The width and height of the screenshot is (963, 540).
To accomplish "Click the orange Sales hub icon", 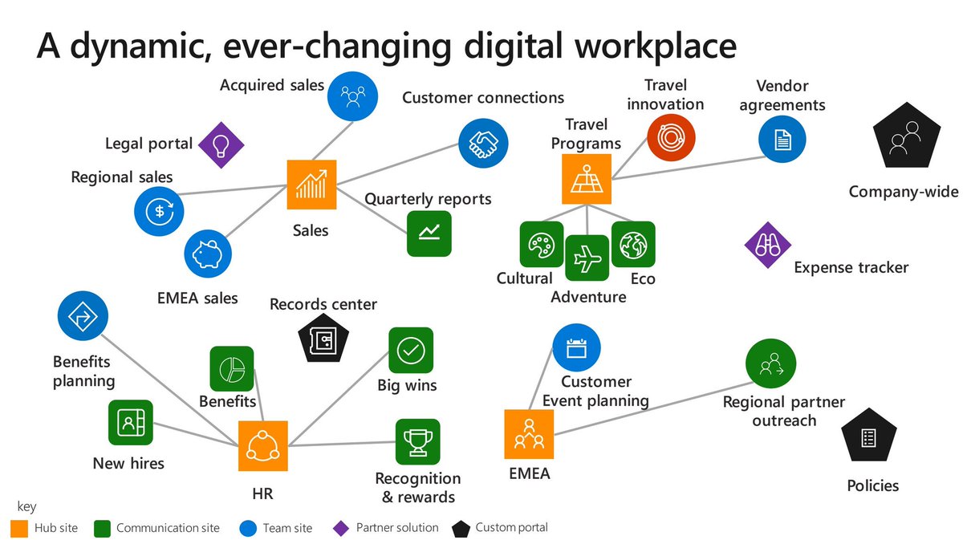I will point(311,185).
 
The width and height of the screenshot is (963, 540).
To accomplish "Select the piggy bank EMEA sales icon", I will point(208,255).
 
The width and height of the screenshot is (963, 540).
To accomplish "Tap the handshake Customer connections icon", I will point(483,143).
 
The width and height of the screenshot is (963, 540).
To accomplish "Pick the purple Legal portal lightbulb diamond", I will point(221,144).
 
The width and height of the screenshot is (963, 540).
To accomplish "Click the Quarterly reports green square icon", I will point(429,233).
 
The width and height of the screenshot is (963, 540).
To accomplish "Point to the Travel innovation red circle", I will point(671,137).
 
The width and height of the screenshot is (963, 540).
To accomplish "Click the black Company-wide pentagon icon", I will point(904,137).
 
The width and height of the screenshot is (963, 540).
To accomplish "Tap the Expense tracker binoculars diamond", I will point(768,246).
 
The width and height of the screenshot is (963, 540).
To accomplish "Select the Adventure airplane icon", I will point(587,258).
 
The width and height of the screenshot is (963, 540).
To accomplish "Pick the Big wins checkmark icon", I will point(411,351).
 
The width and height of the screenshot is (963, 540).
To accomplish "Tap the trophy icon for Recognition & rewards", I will point(417,442).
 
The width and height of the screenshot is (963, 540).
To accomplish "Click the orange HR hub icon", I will point(262,446).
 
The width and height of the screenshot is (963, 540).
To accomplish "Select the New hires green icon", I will point(130,424).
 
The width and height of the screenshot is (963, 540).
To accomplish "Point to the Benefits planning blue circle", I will point(82,315).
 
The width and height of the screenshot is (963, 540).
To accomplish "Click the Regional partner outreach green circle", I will point(770,363).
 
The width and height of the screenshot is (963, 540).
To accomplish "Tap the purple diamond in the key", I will point(341,528).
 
